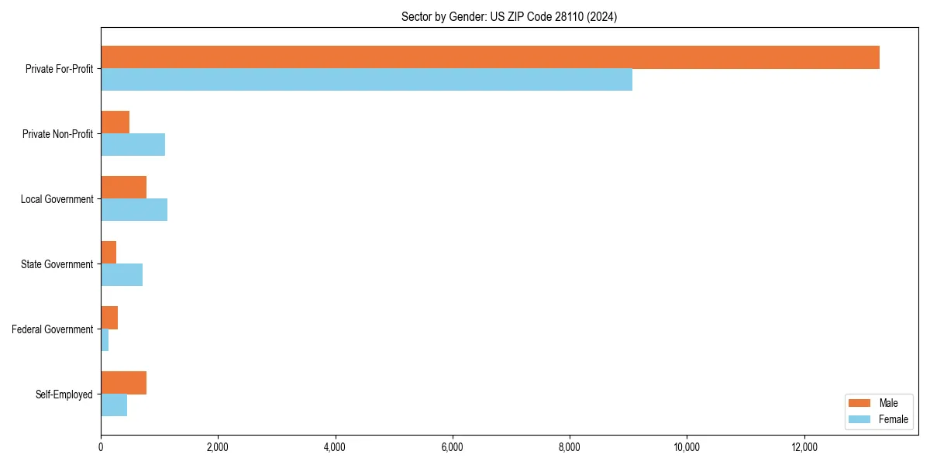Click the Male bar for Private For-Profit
pos(490,57)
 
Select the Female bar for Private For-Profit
pos(367,80)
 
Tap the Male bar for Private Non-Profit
pos(115,122)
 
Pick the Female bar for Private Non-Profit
pos(133,145)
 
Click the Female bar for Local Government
pos(134,210)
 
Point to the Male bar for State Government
pos(108,253)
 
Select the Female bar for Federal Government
pos(105,340)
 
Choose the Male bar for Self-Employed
pos(123,383)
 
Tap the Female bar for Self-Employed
pos(114,405)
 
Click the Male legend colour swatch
pos(860,403)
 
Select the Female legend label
pos(894,419)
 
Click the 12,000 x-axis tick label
pos(804,447)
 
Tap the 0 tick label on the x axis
pos(101,447)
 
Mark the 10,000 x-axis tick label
pos(687,447)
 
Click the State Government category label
pos(57,264)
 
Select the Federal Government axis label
pos(52,329)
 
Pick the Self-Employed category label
pos(64,394)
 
